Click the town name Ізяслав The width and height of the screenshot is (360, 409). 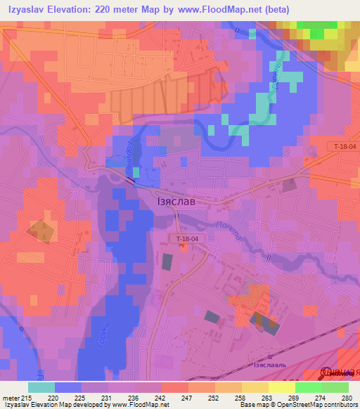pyautogui.click(x=172, y=200)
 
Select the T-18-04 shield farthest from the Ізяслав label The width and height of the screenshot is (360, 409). pyautogui.click(x=345, y=146)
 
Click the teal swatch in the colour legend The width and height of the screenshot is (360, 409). pyautogui.click(x=41, y=387)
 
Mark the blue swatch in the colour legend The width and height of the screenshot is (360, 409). pyautogui.click(x=68, y=387)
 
